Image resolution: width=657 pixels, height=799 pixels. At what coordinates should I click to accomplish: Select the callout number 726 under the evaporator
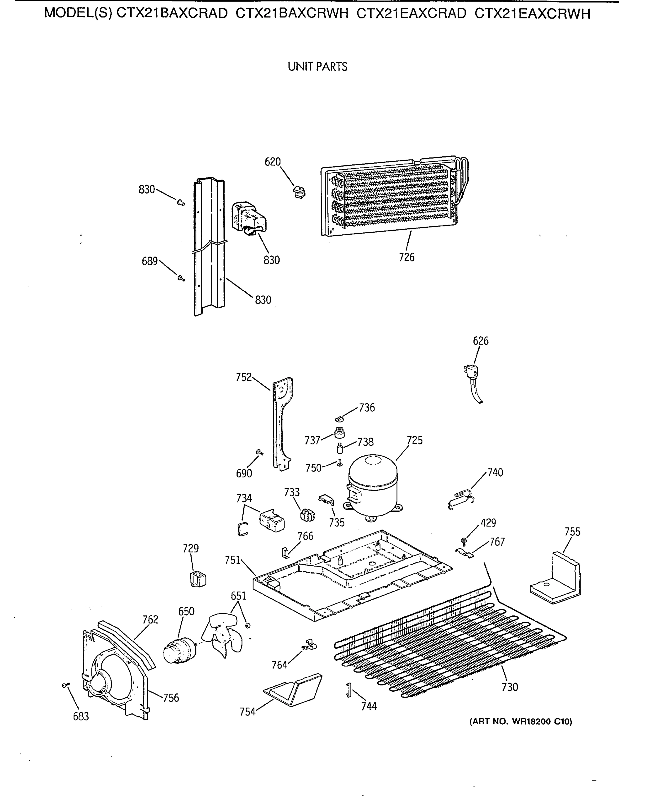[x=407, y=257]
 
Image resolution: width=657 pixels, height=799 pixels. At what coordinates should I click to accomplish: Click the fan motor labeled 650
[x=178, y=649]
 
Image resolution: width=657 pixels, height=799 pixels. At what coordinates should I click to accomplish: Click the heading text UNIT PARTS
[x=317, y=67]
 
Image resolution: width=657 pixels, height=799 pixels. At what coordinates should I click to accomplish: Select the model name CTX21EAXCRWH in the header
[x=532, y=14]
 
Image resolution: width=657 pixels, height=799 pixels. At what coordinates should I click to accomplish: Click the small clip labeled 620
[x=299, y=192]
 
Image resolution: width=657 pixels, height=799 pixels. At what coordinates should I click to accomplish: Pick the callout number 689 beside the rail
[x=149, y=261]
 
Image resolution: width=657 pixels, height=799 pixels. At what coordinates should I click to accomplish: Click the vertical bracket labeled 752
[x=282, y=424]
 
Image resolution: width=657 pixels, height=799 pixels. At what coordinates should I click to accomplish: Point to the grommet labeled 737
[x=339, y=432]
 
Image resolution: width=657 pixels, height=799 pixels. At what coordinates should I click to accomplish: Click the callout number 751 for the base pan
[x=232, y=560]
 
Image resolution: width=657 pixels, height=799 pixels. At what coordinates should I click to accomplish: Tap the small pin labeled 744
[x=349, y=690]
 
